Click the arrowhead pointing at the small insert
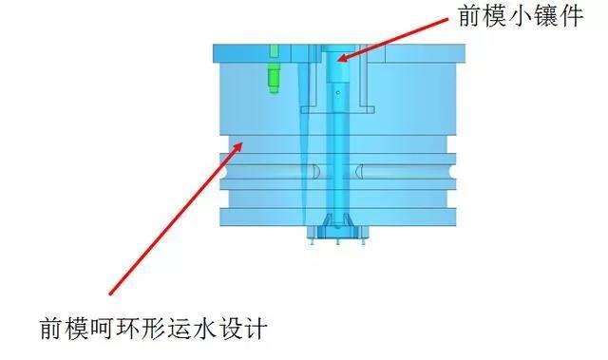(x=340, y=60)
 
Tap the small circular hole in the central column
(x=337, y=93)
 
